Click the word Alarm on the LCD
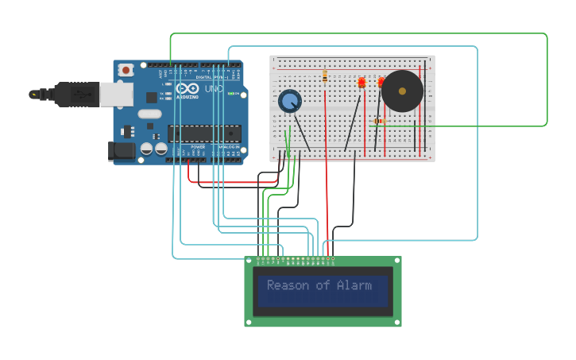(x=354, y=285)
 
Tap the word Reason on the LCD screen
(x=287, y=285)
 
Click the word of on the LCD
(x=320, y=285)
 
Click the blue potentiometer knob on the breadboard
(x=290, y=101)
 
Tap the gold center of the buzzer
(x=402, y=91)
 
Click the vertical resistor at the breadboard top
(x=325, y=77)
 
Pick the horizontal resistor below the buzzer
(x=378, y=121)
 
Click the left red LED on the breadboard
(x=361, y=82)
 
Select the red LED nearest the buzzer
(x=381, y=81)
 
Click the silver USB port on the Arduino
(x=116, y=94)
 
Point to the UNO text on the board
(x=214, y=89)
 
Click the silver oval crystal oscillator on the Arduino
(x=149, y=114)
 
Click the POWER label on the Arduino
(x=198, y=147)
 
